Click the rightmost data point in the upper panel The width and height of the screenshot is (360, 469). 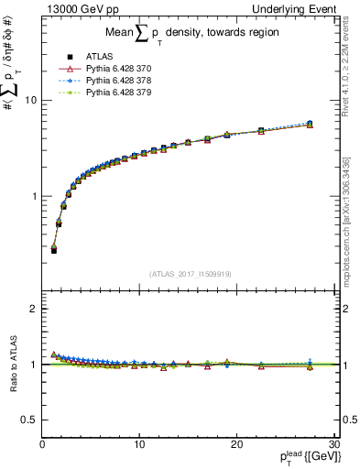pos(310,124)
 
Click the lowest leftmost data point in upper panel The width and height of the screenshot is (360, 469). pos(54,249)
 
